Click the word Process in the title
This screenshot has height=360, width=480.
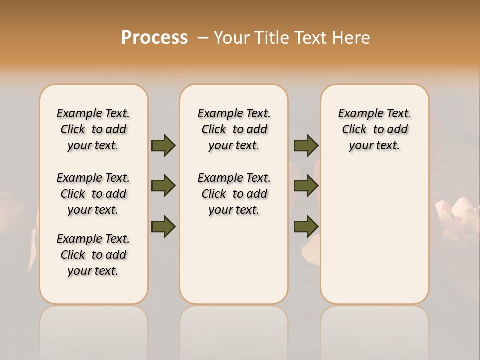point(154,38)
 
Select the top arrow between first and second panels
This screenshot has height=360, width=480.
point(163,145)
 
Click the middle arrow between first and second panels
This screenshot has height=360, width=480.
point(163,186)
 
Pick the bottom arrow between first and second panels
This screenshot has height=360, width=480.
point(163,226)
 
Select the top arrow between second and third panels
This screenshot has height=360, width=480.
point(306,145)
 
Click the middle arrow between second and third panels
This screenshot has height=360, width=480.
point(306,186)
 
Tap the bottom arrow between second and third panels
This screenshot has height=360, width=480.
point(306,226)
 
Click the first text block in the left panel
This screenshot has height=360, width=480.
point(93,129)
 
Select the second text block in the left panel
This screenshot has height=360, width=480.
point(93,194)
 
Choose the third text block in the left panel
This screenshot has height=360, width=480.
point(93,255)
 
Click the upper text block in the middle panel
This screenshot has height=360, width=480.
point(234,129)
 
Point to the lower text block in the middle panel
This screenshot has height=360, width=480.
point(234,194)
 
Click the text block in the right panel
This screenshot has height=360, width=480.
point(374,129)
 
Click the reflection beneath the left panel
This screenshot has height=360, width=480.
point(93,330)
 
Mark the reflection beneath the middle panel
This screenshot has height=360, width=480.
point(234,330)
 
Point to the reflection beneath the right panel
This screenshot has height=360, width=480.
point(374,330)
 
